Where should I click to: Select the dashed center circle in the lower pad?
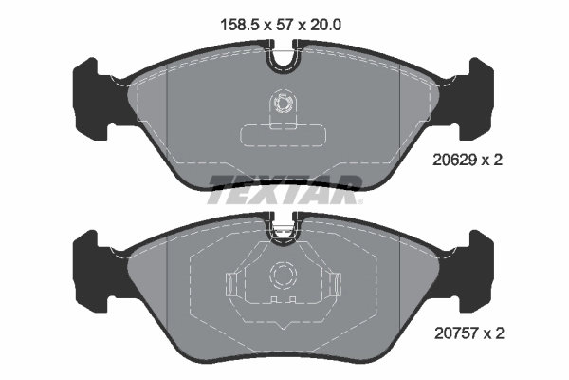[283, 275]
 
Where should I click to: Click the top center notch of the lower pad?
[283, 227]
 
